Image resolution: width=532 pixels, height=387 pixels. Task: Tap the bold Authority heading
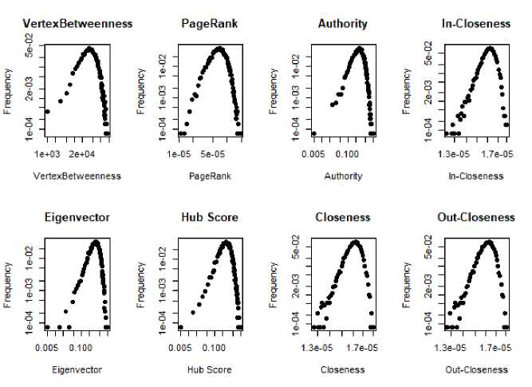(343, 24)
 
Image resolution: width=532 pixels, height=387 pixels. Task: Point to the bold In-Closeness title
(476, 24)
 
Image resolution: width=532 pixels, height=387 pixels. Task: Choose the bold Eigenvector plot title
(77, 217)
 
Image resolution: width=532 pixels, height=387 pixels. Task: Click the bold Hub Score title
(211, 217)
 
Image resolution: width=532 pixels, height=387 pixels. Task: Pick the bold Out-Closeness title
(476, 217)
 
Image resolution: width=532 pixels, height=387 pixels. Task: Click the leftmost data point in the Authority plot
(313, 133)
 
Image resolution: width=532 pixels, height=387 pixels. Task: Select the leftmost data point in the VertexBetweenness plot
(47, 112)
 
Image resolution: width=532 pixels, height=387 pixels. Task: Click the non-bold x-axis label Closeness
(343, 369)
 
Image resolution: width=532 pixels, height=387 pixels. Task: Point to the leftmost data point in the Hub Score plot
(180, 326)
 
